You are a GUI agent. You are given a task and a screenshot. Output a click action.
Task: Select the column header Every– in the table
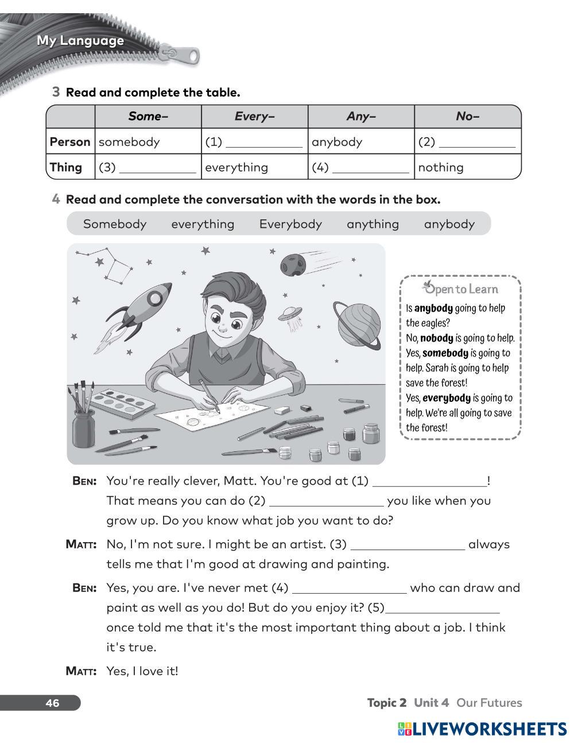(x=254, y=117)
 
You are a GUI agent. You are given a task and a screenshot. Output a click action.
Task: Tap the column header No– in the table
(x=467, y=117)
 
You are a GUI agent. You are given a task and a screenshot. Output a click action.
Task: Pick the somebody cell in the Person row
(x=129, y=142)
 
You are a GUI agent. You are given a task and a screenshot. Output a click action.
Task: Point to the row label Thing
(x=66, y=167)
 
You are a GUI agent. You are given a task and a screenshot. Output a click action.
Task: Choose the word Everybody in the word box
(x=290, y=224)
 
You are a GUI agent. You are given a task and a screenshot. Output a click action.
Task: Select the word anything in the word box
(x=373, y=224)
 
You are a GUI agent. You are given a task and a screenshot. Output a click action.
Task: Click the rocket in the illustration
(x=141, y=313)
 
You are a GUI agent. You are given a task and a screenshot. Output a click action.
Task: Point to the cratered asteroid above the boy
(x=294, y=264)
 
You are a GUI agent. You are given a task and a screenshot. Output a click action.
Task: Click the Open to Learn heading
(x=460, y=289)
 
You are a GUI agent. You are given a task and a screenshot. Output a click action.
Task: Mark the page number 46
(x=52, y=703)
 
